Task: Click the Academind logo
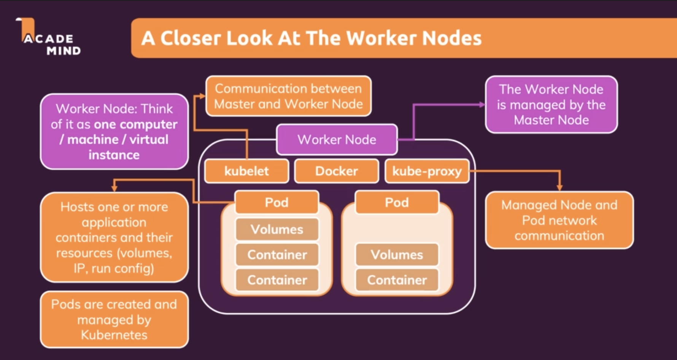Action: (48, 37)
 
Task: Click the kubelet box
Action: (246, 171)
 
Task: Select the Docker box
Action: (337, 171)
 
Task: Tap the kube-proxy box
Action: (427, 171)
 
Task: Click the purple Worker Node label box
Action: (337, 140)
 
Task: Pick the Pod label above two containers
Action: (277, 202)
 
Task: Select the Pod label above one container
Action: (397, 202)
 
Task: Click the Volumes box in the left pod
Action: (277, 229)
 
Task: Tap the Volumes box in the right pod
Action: (397, 254)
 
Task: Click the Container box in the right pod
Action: (397, 280)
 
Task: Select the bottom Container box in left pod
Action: (277, 280)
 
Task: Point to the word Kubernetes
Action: (114, 335)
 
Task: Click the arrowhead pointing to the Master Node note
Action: (482, 104)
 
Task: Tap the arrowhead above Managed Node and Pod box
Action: (559, 187)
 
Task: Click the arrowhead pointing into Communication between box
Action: (202, 96)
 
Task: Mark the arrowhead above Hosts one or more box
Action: (114, 188)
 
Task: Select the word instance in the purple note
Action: (114, 155)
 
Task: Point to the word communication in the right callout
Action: (559, 236)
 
